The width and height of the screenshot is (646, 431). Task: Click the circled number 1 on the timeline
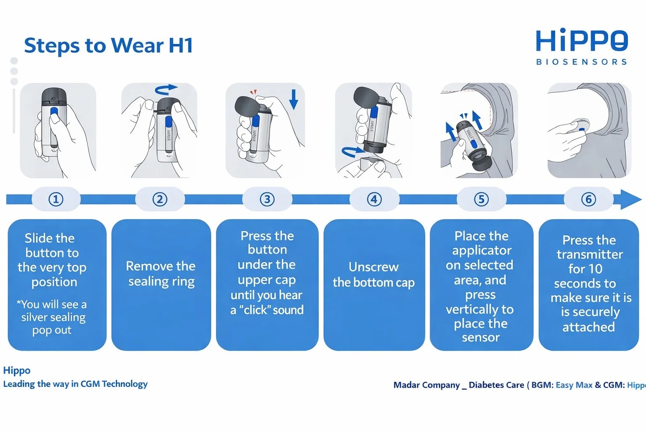tap(56, 199)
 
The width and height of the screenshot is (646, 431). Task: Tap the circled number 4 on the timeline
tap(374, 199)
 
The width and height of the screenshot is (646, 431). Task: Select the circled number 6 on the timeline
tap(588, 199)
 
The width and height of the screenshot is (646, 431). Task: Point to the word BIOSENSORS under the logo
tap(581, 62)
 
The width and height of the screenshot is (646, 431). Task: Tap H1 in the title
tap(181, 45)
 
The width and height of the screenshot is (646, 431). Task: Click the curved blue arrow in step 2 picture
tap(166, 89)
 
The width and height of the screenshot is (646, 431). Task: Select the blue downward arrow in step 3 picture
tap(294, 99)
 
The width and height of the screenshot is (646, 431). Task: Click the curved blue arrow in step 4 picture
tap(352, 151)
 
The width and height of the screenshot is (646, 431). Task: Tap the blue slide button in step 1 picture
tap(54, 112)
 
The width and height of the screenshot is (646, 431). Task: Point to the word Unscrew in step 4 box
tap(373, 267)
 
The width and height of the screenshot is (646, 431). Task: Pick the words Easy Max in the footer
tap(574, 385)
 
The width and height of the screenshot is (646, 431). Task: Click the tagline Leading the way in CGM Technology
tap(75, 384)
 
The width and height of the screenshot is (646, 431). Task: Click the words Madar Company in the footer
tap(426, 386)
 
